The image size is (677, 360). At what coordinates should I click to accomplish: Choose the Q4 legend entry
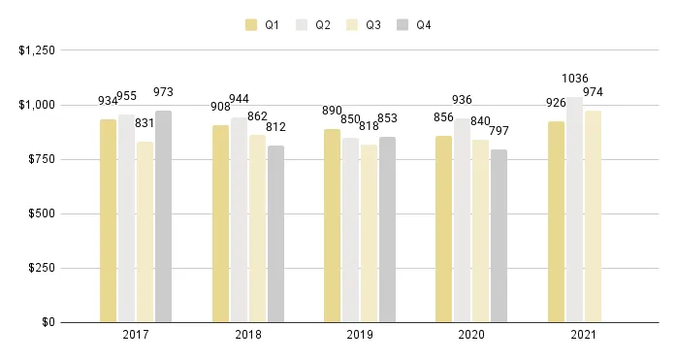414,25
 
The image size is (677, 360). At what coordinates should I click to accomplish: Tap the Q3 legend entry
364,25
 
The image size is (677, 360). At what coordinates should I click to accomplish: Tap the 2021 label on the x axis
583,336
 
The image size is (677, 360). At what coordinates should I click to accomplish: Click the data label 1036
575,79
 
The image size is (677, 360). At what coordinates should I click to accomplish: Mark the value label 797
499,131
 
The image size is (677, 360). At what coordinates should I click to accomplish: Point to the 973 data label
163,92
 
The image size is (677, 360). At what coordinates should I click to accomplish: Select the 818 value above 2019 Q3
369,126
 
